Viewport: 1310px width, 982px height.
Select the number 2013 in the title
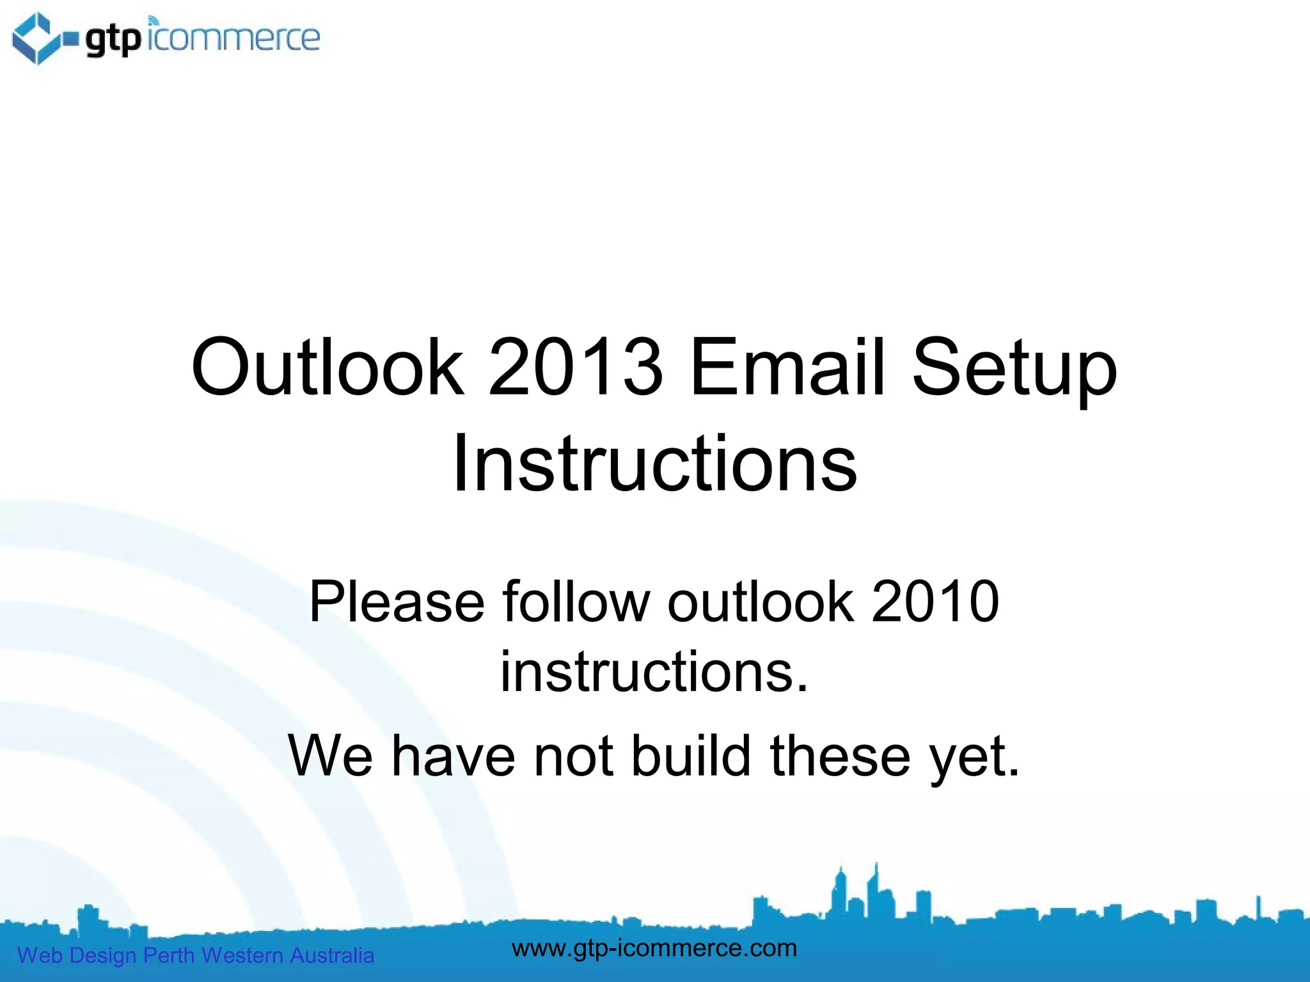point(576,368)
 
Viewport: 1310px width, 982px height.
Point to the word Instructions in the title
point(654,464)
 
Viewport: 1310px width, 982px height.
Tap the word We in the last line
point(330,756)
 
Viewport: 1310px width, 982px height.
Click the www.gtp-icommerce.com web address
point(654,947)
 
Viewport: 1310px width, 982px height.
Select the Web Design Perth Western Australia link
point(195,955)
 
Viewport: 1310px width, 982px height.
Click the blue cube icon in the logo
point(37,38)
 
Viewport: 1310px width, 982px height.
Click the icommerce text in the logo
point(233,38)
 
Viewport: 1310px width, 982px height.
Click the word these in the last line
point(840,756)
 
